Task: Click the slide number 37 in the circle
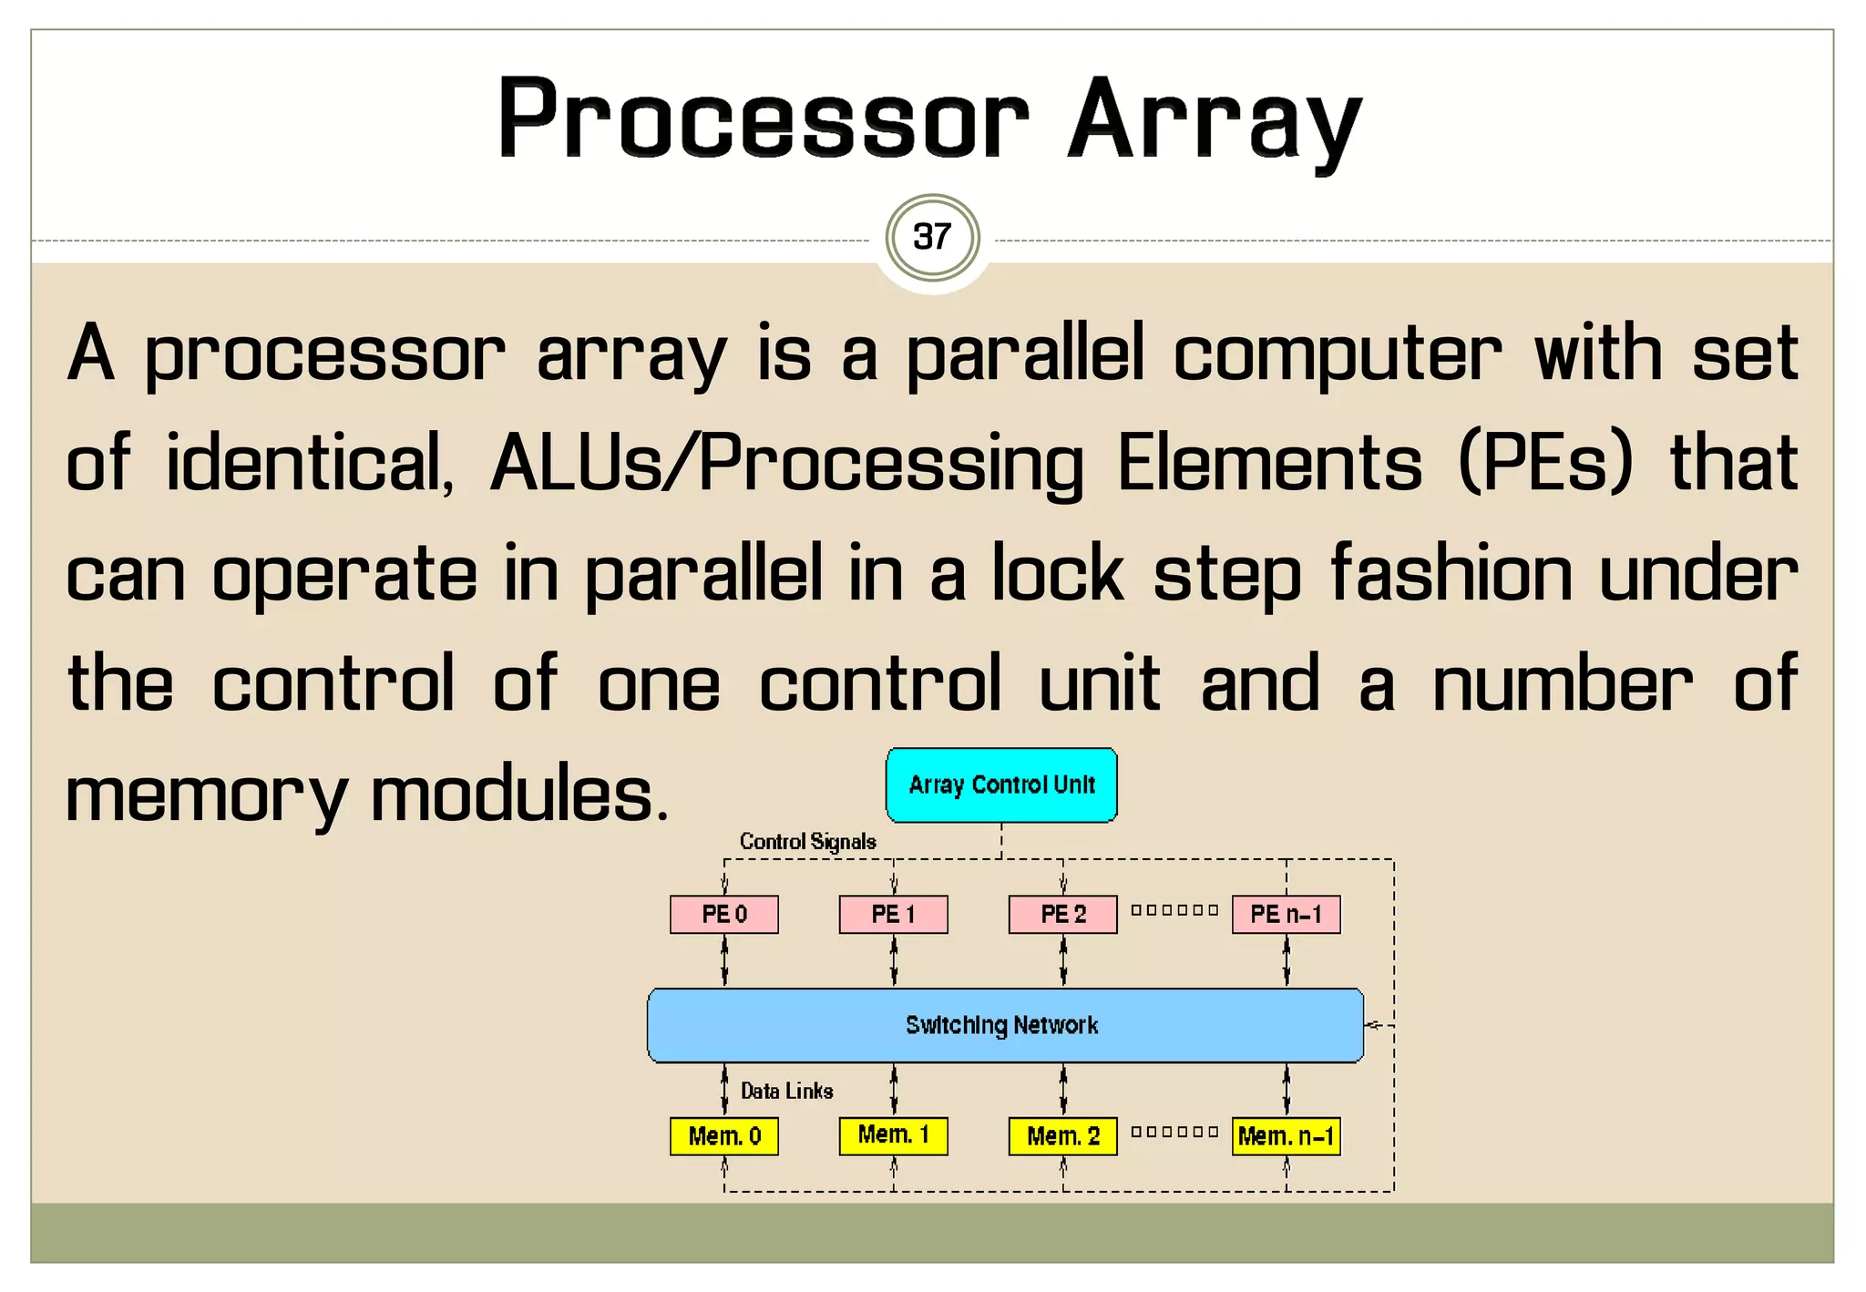932,238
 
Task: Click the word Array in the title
1215,121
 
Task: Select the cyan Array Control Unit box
1001,785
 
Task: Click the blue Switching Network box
1005,1026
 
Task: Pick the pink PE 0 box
724,915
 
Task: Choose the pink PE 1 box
893,915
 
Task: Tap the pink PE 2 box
1062,915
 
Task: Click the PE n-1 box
1286,915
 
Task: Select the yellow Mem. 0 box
724,1136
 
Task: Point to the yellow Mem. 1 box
893,1135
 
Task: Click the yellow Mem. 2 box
1062,1136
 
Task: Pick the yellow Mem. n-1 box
1286,1136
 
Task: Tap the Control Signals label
807,842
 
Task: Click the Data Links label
786,1092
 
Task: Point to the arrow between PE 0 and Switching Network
724,961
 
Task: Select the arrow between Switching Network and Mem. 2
1063,1090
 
